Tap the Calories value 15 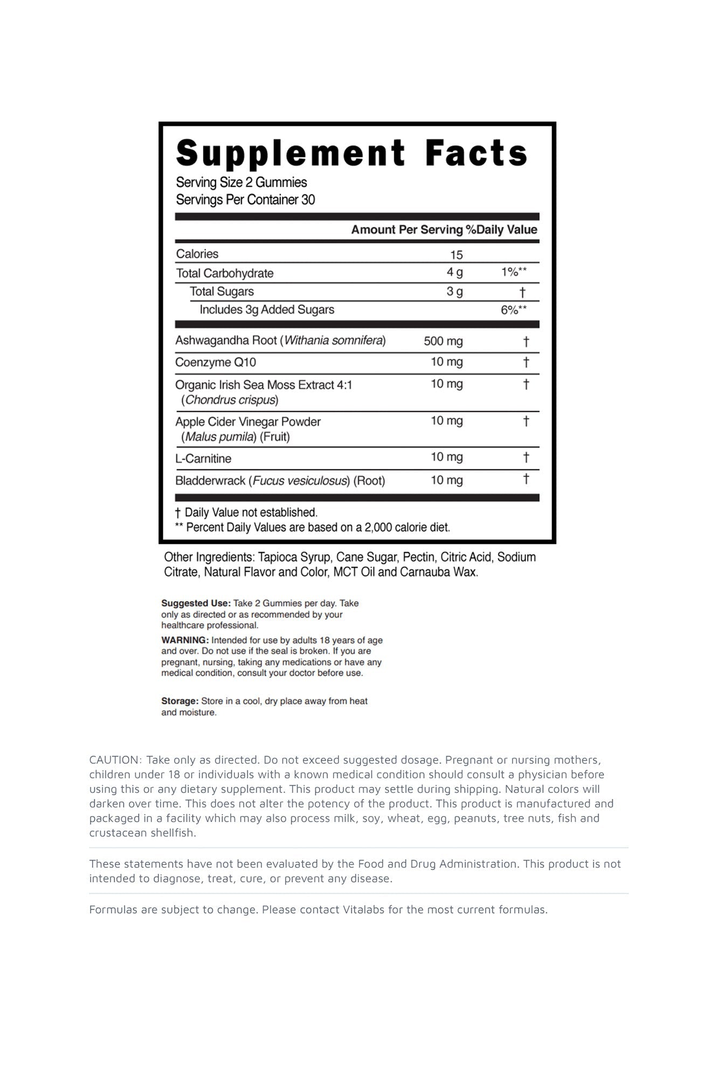click(x=457, y=255)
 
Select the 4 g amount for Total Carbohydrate click(x=454, y=273)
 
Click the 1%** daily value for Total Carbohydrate click(x=513, y=272)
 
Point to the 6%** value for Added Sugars click(x=513, y=310)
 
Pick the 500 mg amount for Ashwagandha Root click(x=443, y=341)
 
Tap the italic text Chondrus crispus click(x=230, y=400)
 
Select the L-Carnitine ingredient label click(x=203, y=459)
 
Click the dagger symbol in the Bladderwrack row click(x=526, y=479)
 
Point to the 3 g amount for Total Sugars click(x=454, y=292)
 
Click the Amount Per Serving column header click(x=406, y=230)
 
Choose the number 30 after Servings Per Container click(x=308, y=200)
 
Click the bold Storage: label click(x=180, y=701)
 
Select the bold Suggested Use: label click(x=196, y=603)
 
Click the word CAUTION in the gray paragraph click(x=114, y=760)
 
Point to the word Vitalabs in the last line click(x=365, y=910)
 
